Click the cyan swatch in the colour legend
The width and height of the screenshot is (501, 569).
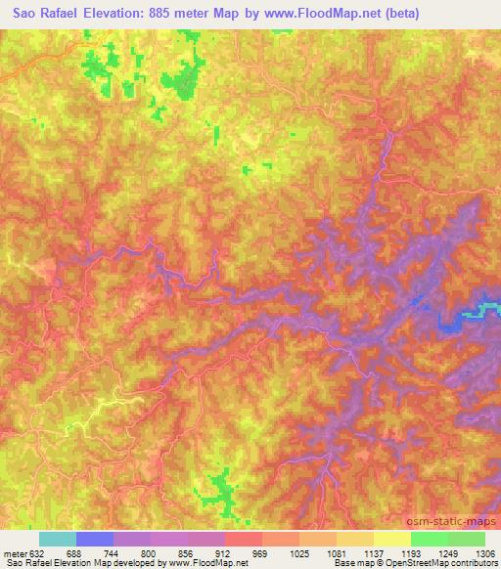[58, 539]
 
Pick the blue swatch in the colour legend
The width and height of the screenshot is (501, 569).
[95, 539]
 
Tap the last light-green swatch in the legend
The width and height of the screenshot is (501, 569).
[467, 539]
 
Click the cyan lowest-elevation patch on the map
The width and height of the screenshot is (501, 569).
[487, 311]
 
